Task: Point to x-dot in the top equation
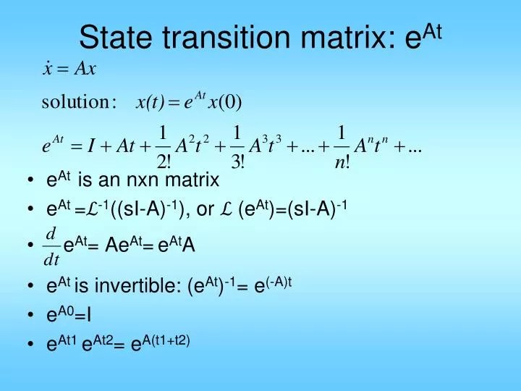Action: [x=48, y=69]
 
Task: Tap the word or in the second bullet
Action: [x=205, y=211]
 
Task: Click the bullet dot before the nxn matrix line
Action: [x=32, y=181]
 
